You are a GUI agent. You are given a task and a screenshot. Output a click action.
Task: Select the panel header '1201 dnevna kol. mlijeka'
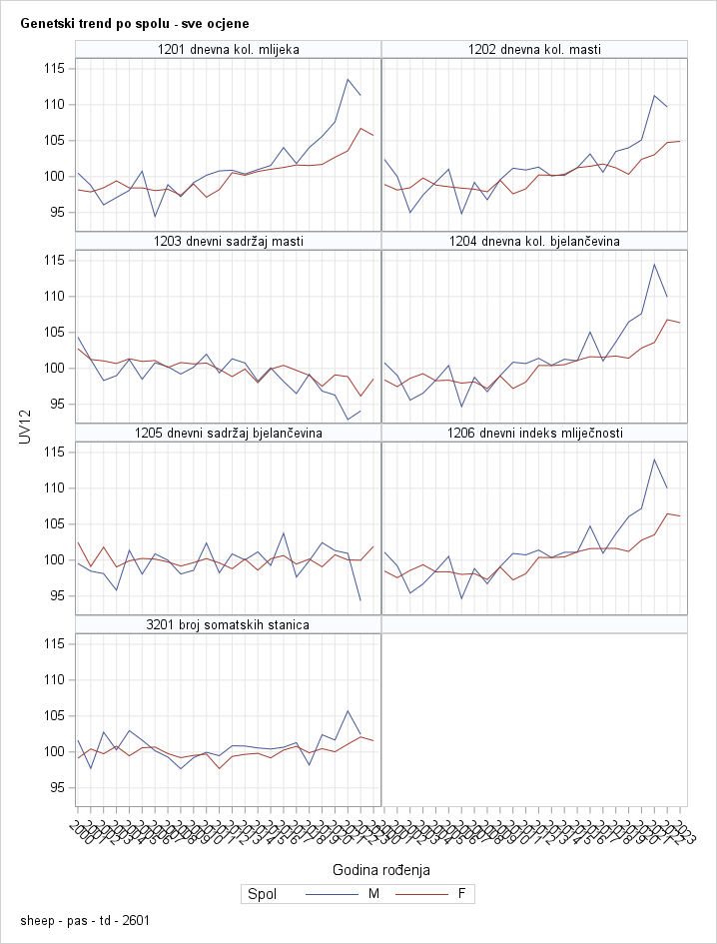229,49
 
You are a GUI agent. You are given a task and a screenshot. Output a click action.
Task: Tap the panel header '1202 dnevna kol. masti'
534,49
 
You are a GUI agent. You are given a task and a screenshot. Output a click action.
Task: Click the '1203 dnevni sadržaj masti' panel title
229,241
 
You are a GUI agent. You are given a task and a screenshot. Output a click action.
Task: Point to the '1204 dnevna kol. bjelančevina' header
534,241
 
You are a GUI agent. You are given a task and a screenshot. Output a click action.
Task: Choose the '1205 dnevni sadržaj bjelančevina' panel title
229,433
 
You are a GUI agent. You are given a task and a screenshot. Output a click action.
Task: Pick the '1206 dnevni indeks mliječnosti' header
534,433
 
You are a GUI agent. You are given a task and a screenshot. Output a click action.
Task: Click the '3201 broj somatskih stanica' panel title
229,624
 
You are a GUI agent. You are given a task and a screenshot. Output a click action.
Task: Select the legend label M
373,894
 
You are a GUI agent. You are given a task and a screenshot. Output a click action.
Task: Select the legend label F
461,894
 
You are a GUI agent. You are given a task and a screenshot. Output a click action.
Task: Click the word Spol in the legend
262,894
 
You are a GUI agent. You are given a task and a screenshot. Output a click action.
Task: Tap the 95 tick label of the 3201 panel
57,787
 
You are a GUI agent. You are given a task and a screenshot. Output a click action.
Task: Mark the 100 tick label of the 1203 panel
53,368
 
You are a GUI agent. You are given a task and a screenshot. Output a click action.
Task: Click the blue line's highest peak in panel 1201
348,79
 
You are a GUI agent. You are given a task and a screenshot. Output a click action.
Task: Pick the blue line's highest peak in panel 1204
654,264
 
